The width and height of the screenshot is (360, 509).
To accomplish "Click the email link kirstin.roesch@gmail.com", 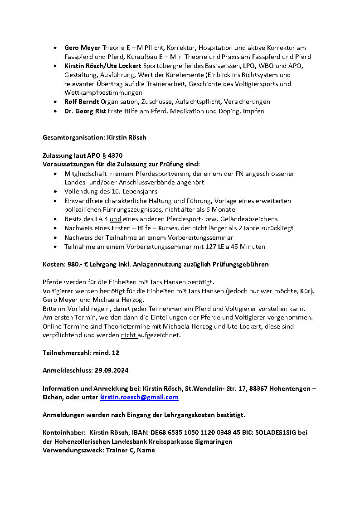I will [139, 397].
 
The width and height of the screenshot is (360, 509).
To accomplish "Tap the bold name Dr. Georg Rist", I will [85, 111].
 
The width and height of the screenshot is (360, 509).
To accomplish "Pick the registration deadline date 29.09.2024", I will [112, 370].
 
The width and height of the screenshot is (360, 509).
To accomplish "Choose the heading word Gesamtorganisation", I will [73, 137].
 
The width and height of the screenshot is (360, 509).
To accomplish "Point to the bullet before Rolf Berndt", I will [55, 102].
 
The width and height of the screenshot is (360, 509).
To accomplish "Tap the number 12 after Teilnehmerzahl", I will [115, 352].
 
